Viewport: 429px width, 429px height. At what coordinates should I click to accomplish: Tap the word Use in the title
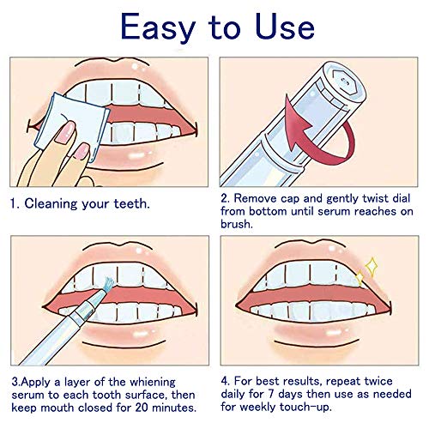tap(285, 27)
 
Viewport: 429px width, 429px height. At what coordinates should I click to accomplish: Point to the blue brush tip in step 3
tap(109, 285)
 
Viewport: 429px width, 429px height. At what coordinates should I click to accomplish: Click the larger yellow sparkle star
tap(372, 267)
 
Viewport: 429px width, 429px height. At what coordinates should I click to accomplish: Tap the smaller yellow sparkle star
tap(360, 278)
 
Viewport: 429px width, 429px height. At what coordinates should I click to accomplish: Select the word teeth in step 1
tap(132, 203)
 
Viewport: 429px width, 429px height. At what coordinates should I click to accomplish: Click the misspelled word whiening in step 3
tap(153, 383)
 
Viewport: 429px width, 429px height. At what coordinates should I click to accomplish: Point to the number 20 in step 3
tap(142, 408)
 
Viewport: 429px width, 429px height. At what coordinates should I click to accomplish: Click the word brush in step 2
tap(237, 224)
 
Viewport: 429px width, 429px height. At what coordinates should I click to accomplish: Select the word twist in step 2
tap(376, 198)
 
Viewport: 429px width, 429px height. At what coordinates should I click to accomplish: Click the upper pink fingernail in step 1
tap(65, 131)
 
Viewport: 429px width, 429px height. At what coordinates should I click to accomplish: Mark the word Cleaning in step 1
tap(51, 203)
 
